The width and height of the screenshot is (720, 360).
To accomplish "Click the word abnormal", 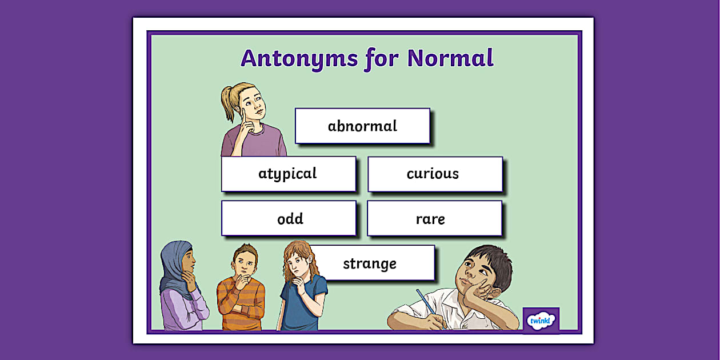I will click(362, 126).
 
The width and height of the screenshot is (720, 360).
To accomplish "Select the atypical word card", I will click(288, 174).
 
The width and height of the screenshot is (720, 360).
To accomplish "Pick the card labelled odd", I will click(290, 219).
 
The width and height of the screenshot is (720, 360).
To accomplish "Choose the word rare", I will click(430, 219).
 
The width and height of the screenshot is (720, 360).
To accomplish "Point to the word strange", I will click(370, 263).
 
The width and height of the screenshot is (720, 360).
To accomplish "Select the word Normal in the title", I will click(450, 58).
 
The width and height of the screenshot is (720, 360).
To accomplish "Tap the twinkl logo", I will click(541, 320).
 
